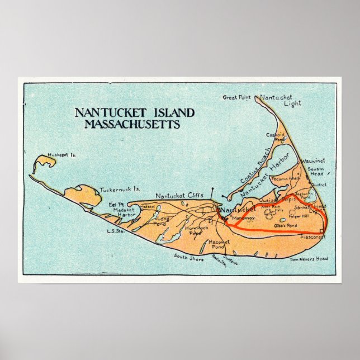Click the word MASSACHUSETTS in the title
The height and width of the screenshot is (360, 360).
132,124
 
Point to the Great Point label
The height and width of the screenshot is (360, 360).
237,97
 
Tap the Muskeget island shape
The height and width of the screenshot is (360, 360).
44,164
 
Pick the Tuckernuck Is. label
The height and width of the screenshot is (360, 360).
119,190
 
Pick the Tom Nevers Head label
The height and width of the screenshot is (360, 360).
309,259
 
